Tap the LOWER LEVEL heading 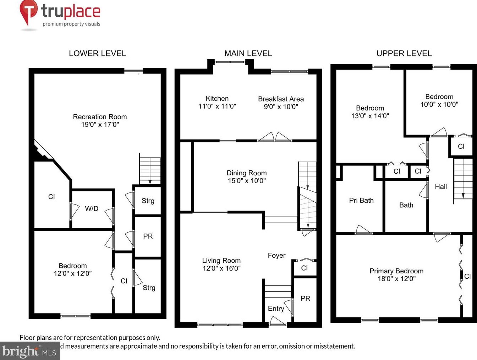pyautogui.click(x=97, y=54)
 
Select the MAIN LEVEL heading pyautogui.click(x=248, y=54)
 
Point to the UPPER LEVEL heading pyautogui.click(x=404, y=54)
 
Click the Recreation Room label pyautogui.click(x=100, y=117)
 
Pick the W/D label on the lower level pyautogui.click(x=92, y=209)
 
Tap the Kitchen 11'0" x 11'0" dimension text pyautogui.click(x=217, y=106)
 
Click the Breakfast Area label pyautogui.click(x=281, y=99)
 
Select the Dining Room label pyautogui.click(x=247, y=173)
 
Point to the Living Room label pyautogui.click(x=221, y=261)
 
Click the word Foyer pyautogui.click(x=276, y=256)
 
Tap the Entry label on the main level pyautogui.click(x=276, y=309)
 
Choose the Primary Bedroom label pyautogui.click(x=396, y=271)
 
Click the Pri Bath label pyautogui.click(x=361, y=200)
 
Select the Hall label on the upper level pyautogui.click(x=441, y=187)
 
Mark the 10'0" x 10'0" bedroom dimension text pyautogui.click(x=439, y=104)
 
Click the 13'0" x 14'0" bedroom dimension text pyautogui.click(x=370, y=116)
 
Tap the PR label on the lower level pyautogui.click(x=148, y=236)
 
